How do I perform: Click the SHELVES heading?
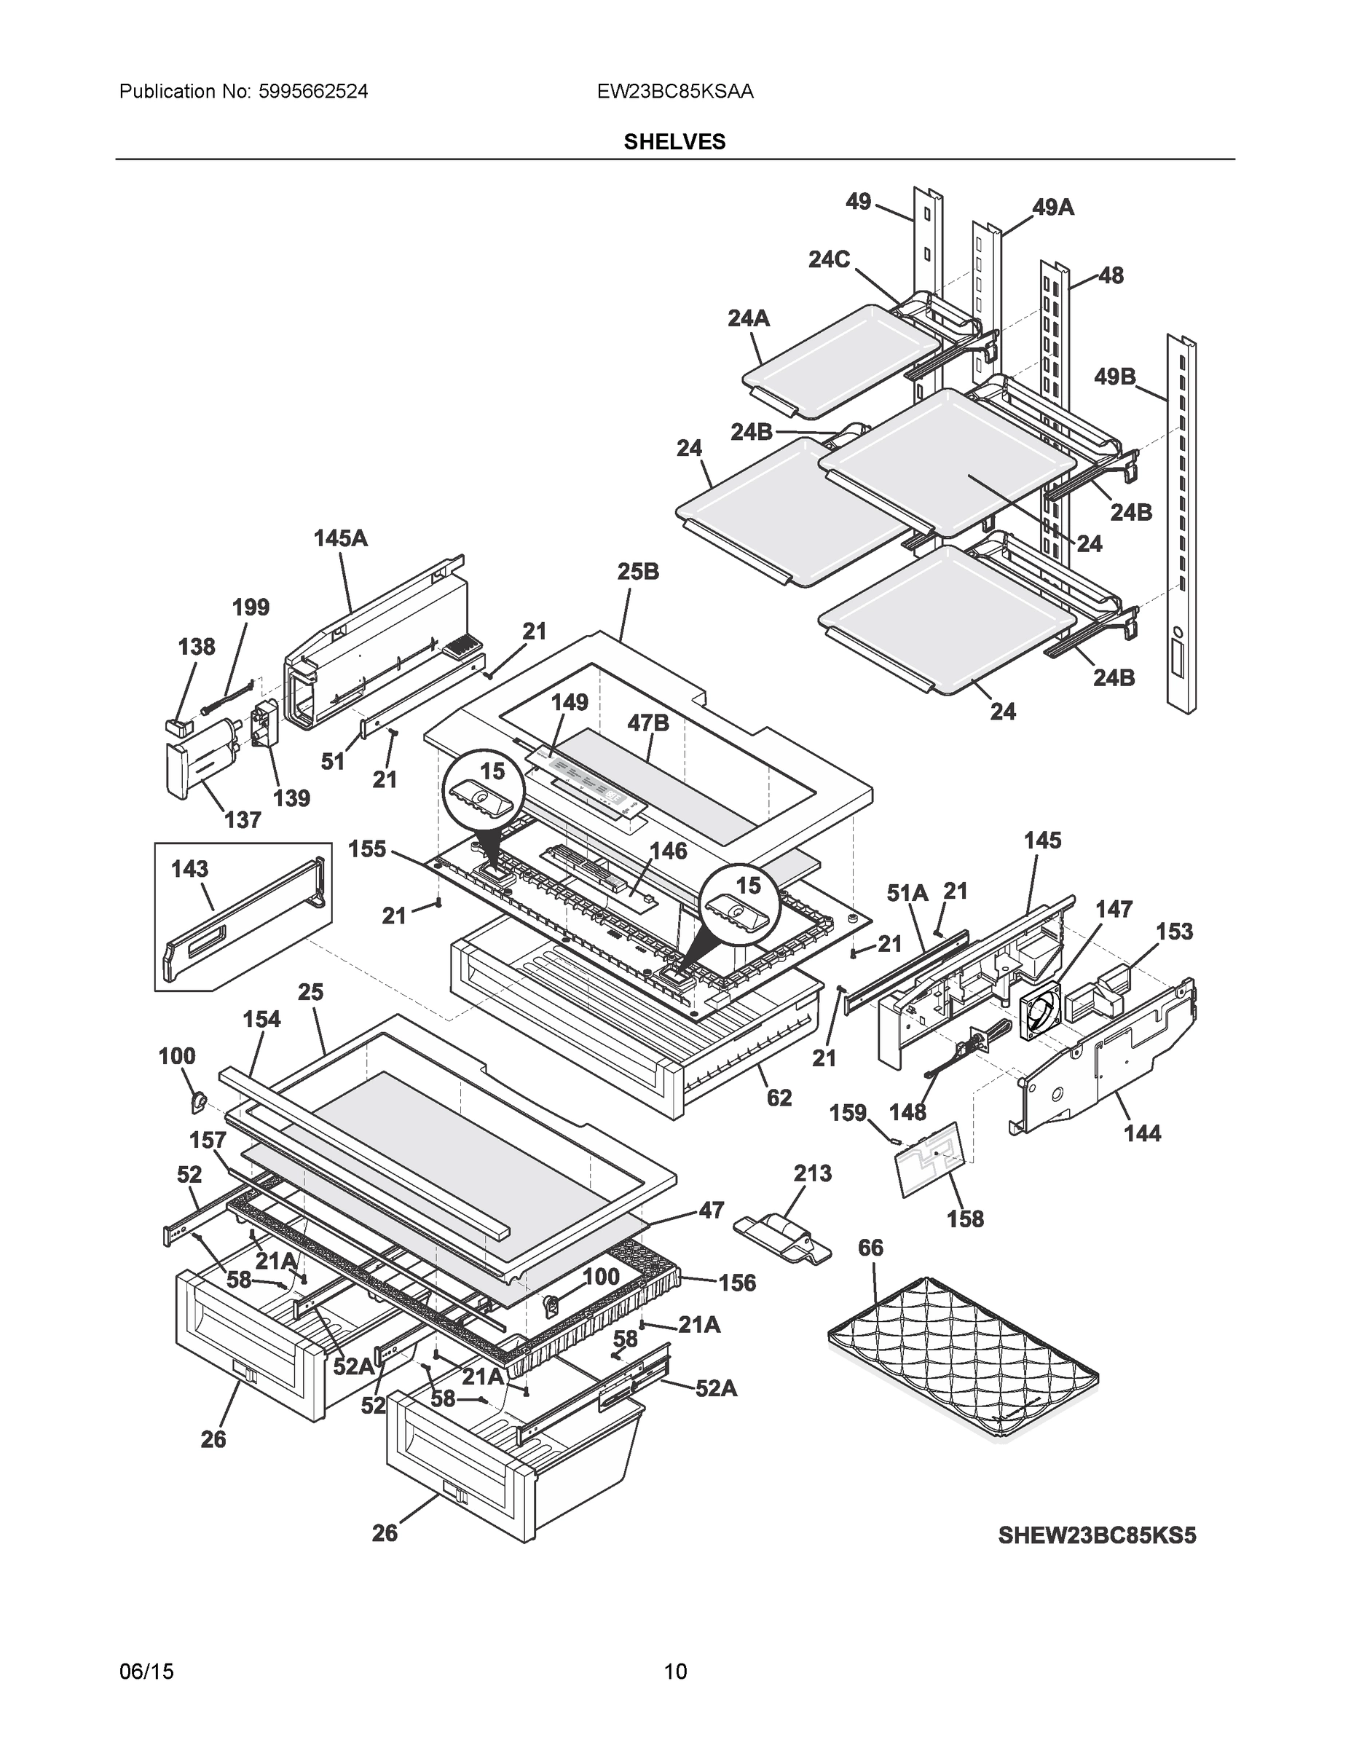coord(674,142)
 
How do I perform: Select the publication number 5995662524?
coord(313,92)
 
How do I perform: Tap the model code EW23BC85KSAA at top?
coord(674,92)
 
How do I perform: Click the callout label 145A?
coord(340,539)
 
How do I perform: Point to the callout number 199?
coord(251,607)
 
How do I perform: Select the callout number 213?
coord(812,1174)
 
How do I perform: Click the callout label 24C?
coord(828,259)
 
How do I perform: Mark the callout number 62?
coord(779,1098)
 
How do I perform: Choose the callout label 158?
coord(965,1219)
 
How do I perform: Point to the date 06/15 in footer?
coord(146,1672)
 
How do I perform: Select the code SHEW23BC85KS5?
coord(1097,1536)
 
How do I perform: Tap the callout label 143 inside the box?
coord(189,869)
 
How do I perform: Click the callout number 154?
coord(261,1020)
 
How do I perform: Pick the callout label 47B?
coord(647,723)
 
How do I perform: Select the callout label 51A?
coord(907,892)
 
